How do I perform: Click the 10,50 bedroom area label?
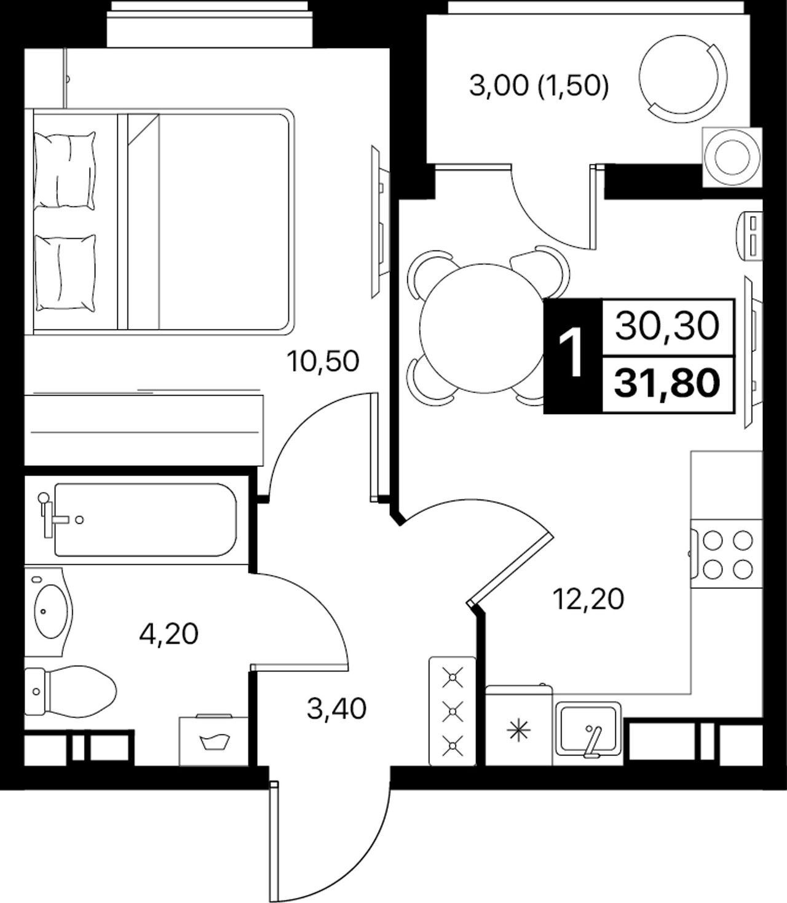(x=323, y=362)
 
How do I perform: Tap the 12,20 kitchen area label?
(x=588, y=599)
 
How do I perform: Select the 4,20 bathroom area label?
(x=169, y=635)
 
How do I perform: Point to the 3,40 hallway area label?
(x=337, y=709)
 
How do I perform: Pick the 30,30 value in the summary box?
(x=668, y=326)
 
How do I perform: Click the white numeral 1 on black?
(x=572, y=356)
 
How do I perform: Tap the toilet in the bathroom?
(x=69, y=691)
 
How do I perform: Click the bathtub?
(x=146, y=519)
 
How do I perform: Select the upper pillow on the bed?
(x=65, y=170)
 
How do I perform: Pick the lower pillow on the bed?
(x=65, y=271)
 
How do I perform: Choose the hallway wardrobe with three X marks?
(x=452, y=712)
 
